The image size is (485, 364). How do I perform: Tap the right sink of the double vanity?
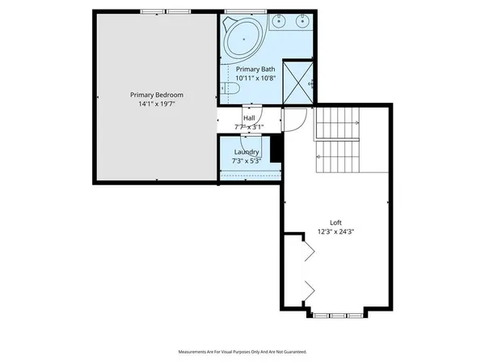pyautogui.click(x=301, y=21)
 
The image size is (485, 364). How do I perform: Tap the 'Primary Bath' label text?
pyautogui.click(x=255, y=70)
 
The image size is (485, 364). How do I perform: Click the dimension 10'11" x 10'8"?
pyautogui.click(x=255, y=78)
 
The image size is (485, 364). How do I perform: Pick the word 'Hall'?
pyautogui.click(x=250, y=118)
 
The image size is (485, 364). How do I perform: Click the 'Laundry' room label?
pyautogui.click(x=247, y=152)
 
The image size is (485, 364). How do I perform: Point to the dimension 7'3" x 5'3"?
pyautogui.click(x=247, y=161)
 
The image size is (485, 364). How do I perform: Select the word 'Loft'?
pyautogui.click(x=335, y=222)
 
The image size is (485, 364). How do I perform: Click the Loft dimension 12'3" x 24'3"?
pyautogui.click(x=335, y=231)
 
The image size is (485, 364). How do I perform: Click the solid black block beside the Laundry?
pyautogui.click(x=276, y=151)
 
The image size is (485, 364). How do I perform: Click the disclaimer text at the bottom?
pyautogui.click(x=242, y=352)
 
